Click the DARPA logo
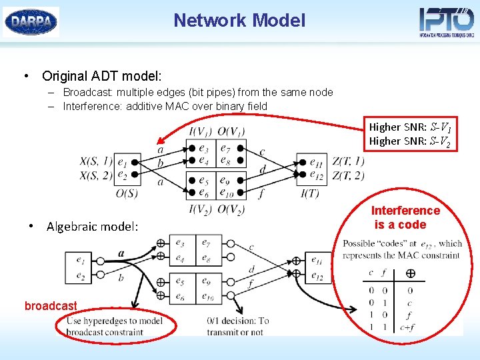pos(31,21)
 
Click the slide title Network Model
pos(239,21)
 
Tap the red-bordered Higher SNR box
pos(413,134)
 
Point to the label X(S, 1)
pos(96,161)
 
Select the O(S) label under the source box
pos(126,193)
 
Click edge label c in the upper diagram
pos(262,152)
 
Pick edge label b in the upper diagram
pos(160,163)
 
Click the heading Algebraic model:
pos(93,227)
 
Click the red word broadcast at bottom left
pos(51,306)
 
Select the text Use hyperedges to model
pos(113,321)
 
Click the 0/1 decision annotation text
pos(238,326)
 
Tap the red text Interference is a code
pos(405,217)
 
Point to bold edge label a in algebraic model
pos(120,253)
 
